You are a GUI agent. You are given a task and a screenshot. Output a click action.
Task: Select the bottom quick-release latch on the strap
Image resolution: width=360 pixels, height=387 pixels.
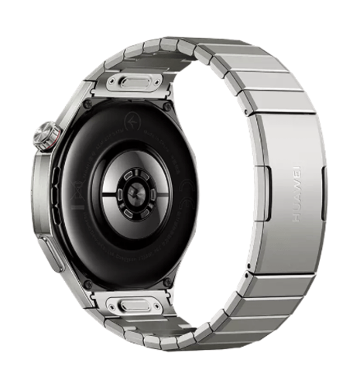135,305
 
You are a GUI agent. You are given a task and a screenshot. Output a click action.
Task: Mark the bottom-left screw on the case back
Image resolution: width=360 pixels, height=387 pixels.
87,284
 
